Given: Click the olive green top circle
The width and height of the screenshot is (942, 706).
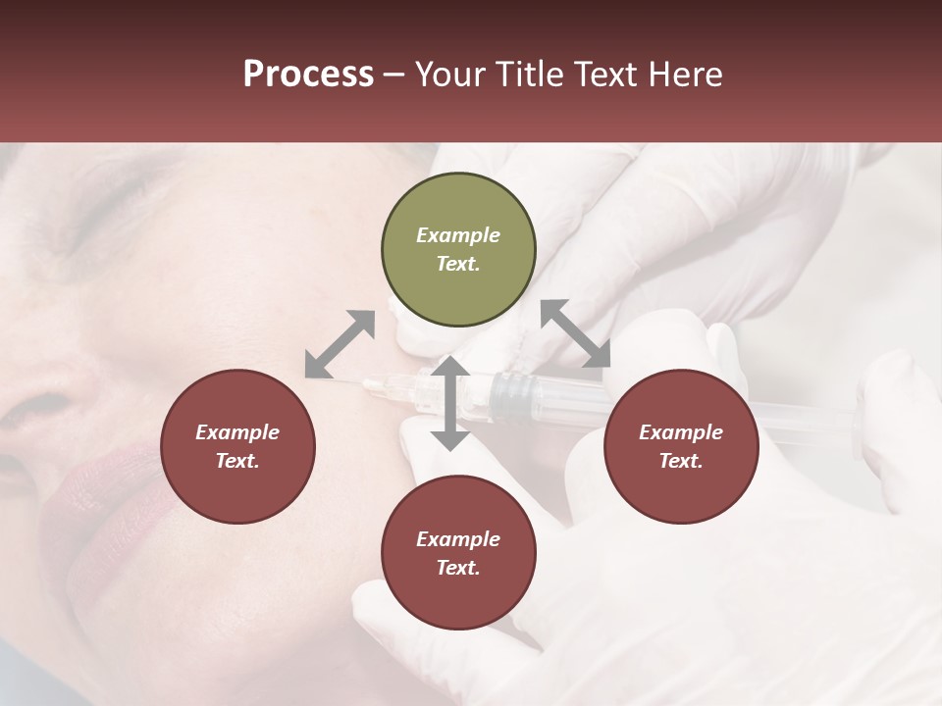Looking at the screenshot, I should click(458, 250).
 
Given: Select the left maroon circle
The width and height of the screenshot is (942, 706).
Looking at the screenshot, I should click(237, 446).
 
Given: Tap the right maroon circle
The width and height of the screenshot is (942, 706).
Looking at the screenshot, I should click(681, 446).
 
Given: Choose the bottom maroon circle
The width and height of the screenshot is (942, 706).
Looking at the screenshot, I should click(458, 553).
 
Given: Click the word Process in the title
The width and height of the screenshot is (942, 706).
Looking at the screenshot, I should click(308, 75).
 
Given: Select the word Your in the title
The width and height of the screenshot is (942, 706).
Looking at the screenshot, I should click(447, 75).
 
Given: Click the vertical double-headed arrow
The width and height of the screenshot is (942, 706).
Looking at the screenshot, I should click(450, 403).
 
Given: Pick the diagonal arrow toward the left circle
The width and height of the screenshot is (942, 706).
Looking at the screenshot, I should click(340, 344).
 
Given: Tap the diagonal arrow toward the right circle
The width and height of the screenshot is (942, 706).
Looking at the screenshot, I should click(575, 333).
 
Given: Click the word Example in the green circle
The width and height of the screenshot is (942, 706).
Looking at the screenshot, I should click(458, 235).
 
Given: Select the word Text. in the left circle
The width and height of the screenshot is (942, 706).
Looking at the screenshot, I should click(237, 461).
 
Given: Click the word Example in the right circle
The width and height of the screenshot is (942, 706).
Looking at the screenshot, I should click(681, 432).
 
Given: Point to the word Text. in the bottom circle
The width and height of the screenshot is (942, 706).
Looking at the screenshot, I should click(458, 568).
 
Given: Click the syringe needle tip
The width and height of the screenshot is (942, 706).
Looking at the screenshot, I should click(366, 383).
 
